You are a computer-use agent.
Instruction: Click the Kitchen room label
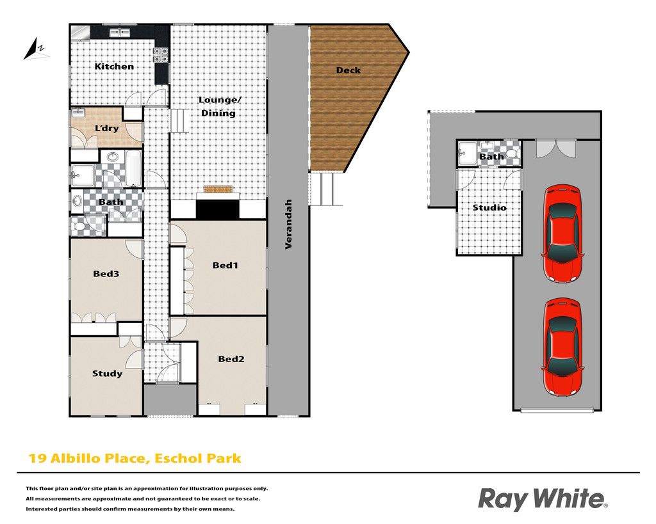(114, 67)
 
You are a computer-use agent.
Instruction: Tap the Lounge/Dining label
(219, 106)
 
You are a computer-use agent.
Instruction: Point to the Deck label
(348, 70)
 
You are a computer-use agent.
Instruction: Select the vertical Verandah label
(288, 224)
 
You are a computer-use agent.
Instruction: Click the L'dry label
(107, 129)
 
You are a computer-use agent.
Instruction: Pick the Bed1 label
(225, 265)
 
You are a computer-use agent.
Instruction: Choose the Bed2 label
(231, 359)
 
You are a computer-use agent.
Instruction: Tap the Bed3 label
(106, 274)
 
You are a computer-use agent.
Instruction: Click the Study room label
(107, 374)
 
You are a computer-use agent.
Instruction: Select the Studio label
(489, 207)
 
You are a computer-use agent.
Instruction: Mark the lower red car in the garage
(562, 347)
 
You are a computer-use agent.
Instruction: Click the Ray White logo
(543, 499)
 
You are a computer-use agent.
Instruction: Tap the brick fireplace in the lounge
(217, 189)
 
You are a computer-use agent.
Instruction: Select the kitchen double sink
(120, 33)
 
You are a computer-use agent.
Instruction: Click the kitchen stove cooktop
(161, 55)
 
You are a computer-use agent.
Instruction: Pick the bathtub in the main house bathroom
(134, 168)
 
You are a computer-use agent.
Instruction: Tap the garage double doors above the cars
(555, 148)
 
